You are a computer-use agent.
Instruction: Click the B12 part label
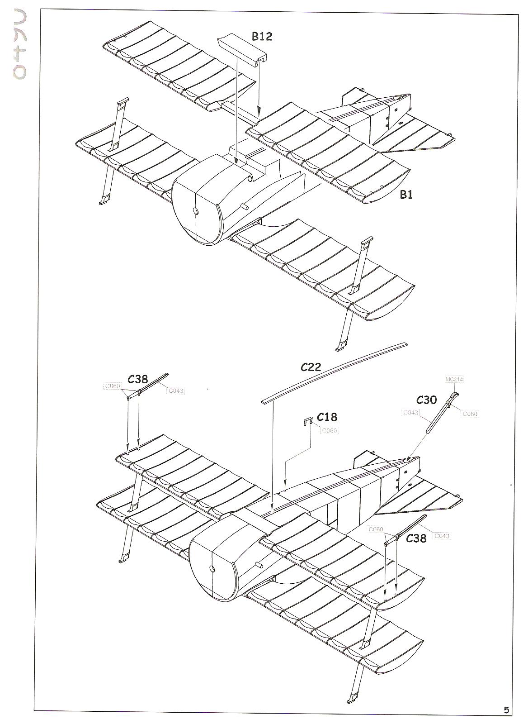point(262,37)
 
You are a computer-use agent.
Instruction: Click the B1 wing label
point(406,195)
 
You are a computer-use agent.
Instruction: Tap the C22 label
point(311,367)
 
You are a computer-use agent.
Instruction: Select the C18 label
point(327,417)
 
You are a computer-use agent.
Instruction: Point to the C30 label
point(426,400)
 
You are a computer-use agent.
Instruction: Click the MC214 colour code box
point(454,379)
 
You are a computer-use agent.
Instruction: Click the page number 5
point(507,710)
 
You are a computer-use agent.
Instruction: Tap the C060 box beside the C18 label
point(329,431)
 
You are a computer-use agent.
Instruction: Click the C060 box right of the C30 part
point(470,414)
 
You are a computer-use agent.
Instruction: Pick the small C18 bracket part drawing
point(307,421)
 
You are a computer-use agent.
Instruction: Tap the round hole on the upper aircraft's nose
point(196,210)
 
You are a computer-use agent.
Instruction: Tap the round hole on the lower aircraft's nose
point(211,568)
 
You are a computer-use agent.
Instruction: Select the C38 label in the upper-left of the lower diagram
point(138,379)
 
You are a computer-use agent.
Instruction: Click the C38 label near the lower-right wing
point(416,538)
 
